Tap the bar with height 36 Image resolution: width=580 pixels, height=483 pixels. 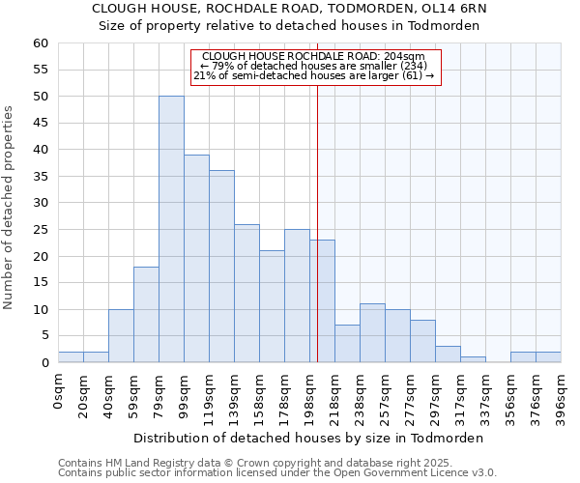coord(221,266)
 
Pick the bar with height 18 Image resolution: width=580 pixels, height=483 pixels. coord(146,314)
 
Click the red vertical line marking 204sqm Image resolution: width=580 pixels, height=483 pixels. coord(317,222)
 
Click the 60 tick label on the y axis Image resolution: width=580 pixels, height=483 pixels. coord(40,43)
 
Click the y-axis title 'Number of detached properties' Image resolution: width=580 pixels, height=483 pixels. coord(10,208)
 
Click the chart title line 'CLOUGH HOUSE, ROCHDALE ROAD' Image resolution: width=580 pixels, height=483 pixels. coord(290,9)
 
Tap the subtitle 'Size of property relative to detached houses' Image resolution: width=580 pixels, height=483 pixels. coord(290,26)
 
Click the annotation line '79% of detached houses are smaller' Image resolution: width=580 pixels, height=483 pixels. coord(314,66)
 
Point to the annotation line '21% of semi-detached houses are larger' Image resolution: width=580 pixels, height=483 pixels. coord(314,75)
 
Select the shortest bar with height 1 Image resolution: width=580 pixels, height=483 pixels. coord(473,359)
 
